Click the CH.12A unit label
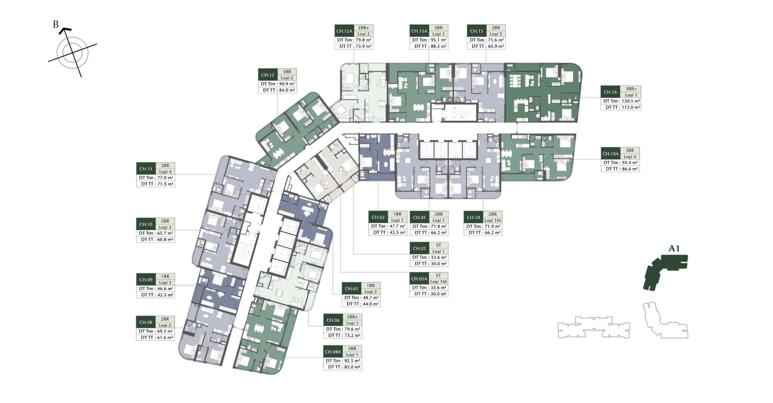tap(344, 31)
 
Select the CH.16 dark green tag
tap(610, 92)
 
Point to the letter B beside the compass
tap(56, 25)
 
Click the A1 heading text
tap(674, 249)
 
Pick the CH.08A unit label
tap(333, 352)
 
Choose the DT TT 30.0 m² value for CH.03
tap(429, 263)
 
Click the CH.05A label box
tap(419, 279)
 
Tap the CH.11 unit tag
tap(146, 169)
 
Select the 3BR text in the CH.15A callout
tap(438, 28)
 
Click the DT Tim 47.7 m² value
tap(388, 226)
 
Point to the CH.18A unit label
tap(610, 153)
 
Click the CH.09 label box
tap(146, 279)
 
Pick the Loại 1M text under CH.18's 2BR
tap(493, 220)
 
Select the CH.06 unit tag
tap(333, 320)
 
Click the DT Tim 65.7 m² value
tap(156, 233)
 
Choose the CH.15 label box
tap(477, 31)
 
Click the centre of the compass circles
tap(72, 52)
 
